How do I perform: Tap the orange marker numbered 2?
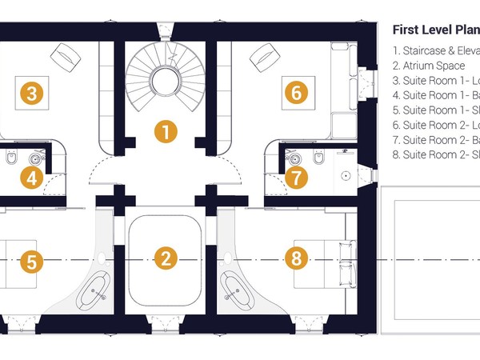click(x=165, y=258)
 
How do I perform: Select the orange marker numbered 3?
click(x=31, y=94)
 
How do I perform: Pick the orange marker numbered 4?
click(x=31, y=178)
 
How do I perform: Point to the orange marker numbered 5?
click(x=31, y=261)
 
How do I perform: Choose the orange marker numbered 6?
click(x=296, y=94)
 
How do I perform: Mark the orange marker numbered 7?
click(x=296, y=178)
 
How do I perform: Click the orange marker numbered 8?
click(x=296, y=258)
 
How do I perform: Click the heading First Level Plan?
click(x=435, y=30)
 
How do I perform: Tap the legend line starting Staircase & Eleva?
click(x=436, y=50)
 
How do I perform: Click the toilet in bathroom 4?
click(x=10, y=160)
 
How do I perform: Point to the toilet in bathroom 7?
click(x=318, y=160)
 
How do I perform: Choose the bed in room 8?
click(x=324, y=263)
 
